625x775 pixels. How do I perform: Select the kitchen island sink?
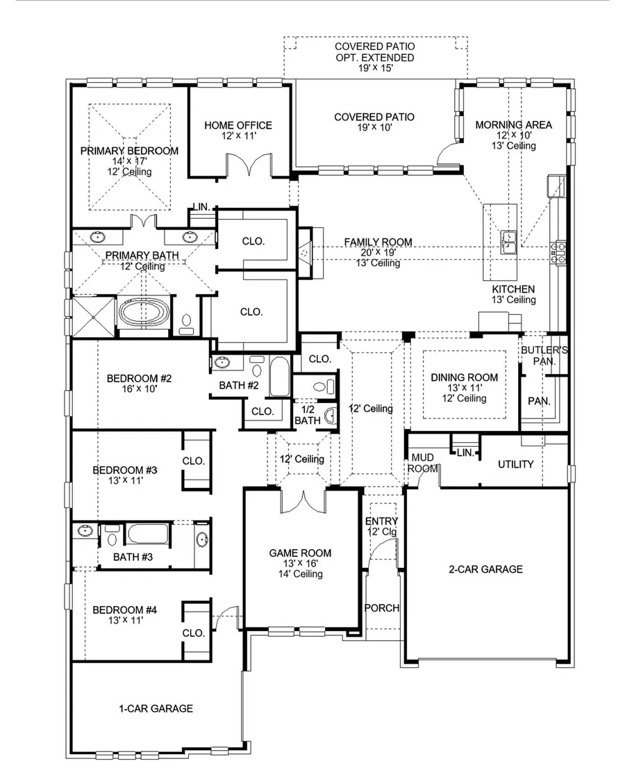[x=510, y=240]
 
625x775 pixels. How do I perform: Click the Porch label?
[x=382, y=608]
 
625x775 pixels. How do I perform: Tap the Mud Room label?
[x=423, y=463]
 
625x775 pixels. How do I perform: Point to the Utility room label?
[x=515, y=464]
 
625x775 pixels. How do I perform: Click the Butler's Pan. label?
[x=544, y=356]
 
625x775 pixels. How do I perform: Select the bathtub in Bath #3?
[x=148, y=537]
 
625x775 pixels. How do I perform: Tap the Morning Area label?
[x=514, y=125]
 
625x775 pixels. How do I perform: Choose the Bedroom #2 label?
[x=139, y=379]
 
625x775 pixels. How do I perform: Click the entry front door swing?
[x=383, y=551]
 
